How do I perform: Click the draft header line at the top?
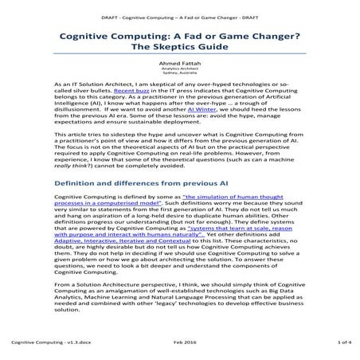click(x=179, y=16)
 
